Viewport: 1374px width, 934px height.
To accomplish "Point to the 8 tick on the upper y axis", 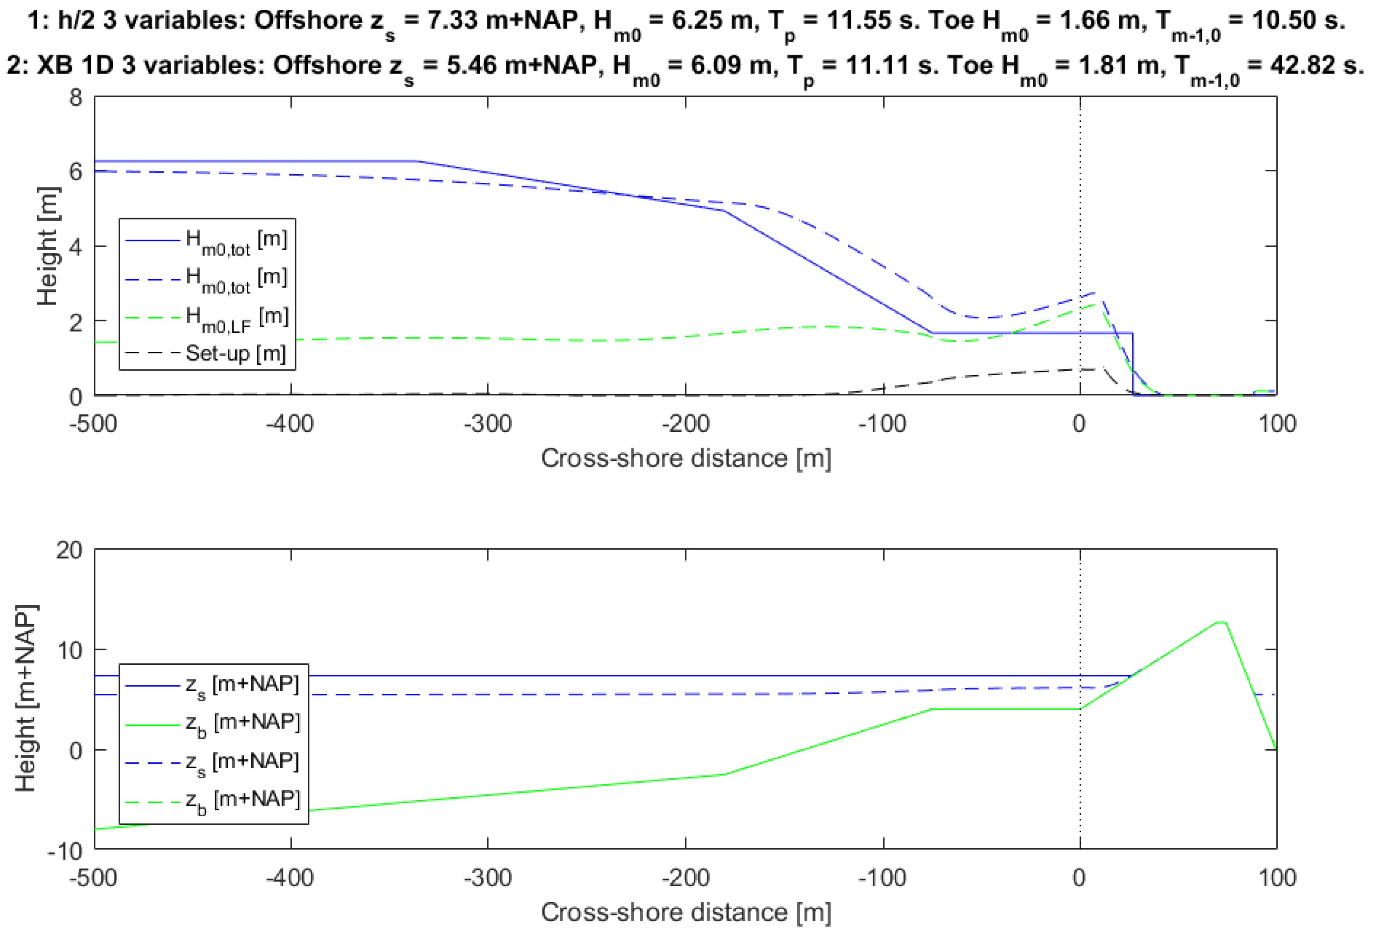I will point(76,97).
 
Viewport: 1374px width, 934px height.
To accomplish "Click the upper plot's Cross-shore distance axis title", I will point(686,458).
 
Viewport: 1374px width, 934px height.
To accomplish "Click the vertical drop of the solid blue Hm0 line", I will point(1133,363).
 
